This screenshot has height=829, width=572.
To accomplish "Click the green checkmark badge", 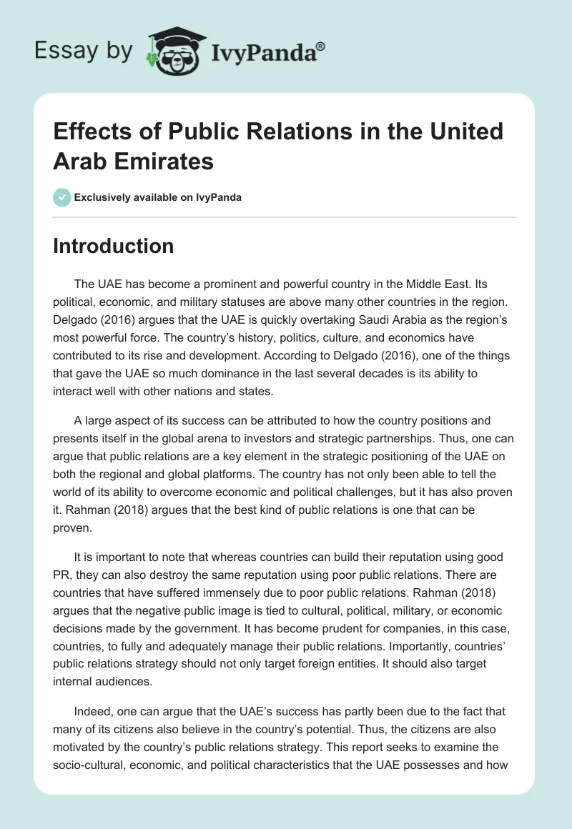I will pyautogui.click(x=62, y=197).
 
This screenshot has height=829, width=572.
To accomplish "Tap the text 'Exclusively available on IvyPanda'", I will pyautogui.click(x=158, y=198).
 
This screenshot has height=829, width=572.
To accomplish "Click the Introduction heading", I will pyautogui.click(x=114, y=247).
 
